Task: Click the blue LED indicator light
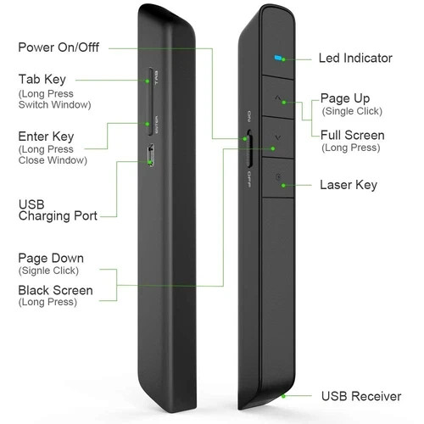278,59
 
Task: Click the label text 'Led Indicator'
355,59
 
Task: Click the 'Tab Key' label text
42,79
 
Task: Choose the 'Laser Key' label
349,184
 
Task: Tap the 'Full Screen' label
352,135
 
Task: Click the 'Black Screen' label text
55,290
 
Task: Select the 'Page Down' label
51,258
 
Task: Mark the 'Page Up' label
345,98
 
